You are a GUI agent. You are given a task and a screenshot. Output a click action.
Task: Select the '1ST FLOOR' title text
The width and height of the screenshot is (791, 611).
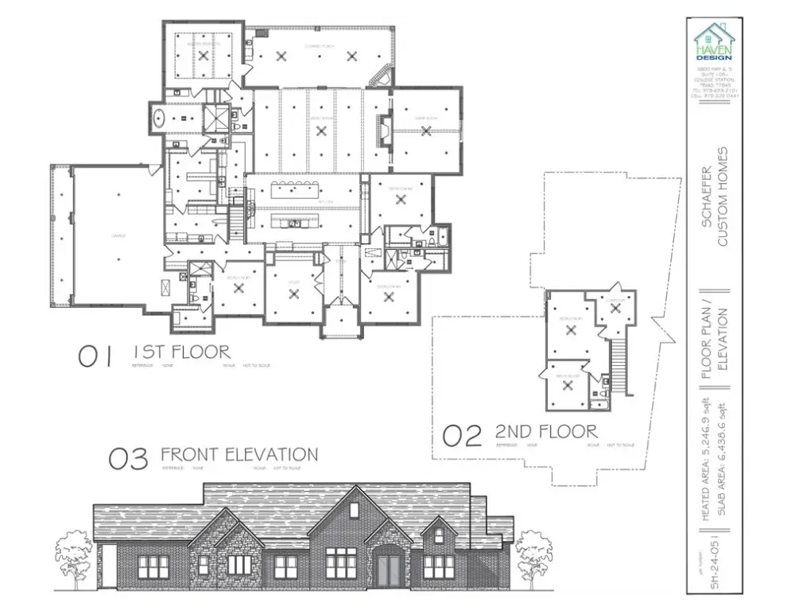click(x=181, y=351)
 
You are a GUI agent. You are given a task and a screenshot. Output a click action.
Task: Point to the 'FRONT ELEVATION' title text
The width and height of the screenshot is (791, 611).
click(x=238, y=454)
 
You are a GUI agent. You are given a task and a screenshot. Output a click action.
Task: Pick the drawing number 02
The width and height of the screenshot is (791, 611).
click(x=462, y=435)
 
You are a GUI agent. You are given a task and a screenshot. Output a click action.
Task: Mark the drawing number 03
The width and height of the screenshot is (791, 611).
click(x=129, y=459)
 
